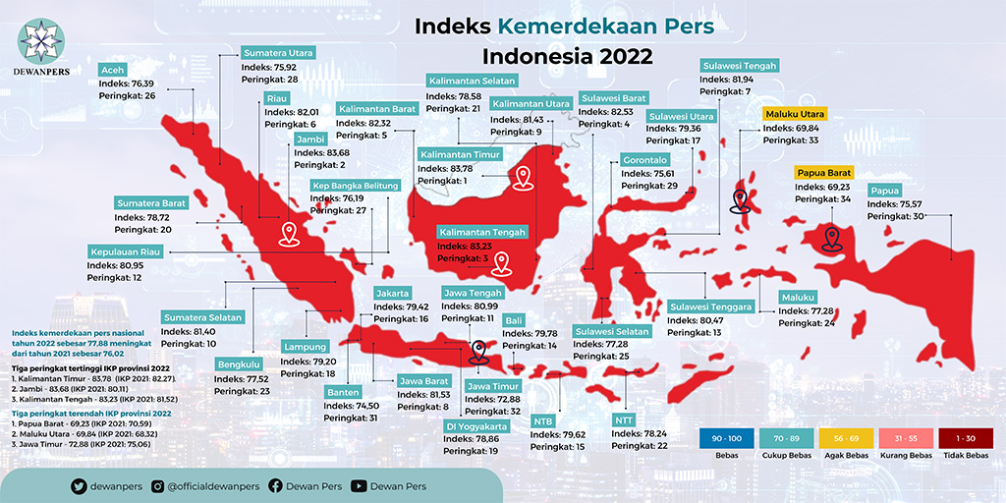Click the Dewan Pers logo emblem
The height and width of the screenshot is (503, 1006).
[41, 40]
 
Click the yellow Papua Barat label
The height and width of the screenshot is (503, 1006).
[822, 172]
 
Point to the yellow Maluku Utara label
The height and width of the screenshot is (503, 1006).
[796, 114]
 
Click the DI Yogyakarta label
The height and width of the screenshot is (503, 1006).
[476, 425]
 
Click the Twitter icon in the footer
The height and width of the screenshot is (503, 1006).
[79, 486]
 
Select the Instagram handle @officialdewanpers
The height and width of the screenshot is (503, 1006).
[207, 486]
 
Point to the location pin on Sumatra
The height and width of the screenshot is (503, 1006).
[288, 234]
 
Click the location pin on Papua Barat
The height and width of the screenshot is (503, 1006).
[832, 238]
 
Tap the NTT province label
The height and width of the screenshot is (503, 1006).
[624, 419]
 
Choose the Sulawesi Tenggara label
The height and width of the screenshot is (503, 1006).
[710, 306]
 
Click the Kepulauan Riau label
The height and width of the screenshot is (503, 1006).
[124, 251]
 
